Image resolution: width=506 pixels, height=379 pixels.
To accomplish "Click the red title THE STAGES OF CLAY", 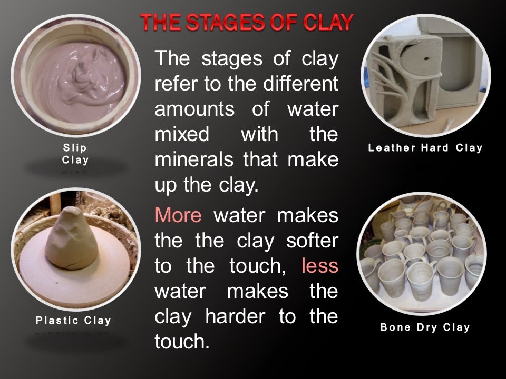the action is tap(247, 23).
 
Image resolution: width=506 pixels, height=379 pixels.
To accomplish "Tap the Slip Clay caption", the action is tap(75, 154).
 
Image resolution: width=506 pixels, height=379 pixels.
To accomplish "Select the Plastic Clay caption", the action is tap(73, 321).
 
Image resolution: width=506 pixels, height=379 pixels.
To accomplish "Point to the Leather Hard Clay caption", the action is tap(425, 148).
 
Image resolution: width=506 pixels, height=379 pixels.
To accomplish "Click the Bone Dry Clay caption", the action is tap(425, 327).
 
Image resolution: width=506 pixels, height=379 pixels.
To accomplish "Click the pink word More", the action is tap(178, 215).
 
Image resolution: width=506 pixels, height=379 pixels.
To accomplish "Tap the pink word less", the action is tap(320, 265).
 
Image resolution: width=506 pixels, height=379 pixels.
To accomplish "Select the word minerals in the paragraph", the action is tap(194, 159).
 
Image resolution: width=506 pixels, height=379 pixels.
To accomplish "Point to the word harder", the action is tap(235, 316).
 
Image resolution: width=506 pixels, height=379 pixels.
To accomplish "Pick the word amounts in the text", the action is tap(194, 109).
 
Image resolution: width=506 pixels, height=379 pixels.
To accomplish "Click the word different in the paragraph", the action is tap(300, 84).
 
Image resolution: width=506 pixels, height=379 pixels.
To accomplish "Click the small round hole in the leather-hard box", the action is tap(426, 59).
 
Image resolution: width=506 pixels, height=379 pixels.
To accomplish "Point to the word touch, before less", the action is tap(258, 266).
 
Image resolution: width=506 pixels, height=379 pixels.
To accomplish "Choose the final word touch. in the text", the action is tap(182, 342).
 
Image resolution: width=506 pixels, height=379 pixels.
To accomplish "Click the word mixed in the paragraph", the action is tap(182, 134).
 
